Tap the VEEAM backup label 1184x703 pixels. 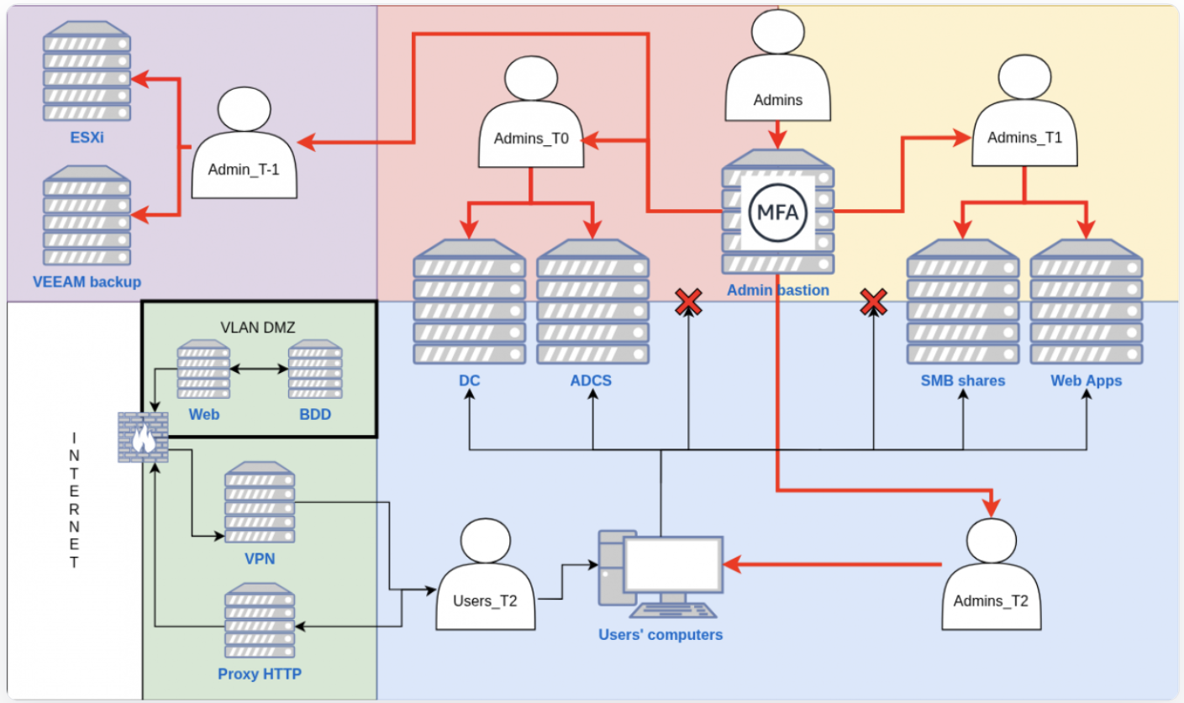(x=87, y=281)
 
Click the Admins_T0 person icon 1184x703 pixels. (x=531, y=113)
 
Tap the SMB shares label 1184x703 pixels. (x=962, y=380)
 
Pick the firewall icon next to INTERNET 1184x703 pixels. (x=143, y=438)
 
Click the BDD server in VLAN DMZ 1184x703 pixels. (x=315, y=369)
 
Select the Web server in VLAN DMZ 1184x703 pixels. (x=203, y=369)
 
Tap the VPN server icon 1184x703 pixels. (x=260, y=504)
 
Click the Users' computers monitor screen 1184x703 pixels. (x=672, y=564)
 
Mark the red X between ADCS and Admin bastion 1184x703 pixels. (x=689, y=302)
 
